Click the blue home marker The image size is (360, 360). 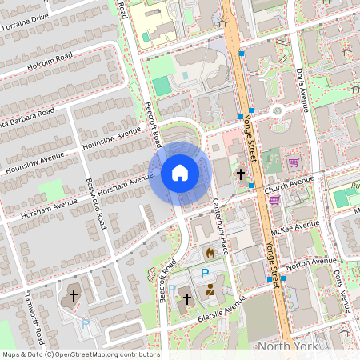point(180,173)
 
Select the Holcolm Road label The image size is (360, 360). point(49,62)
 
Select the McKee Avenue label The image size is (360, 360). point(294,230)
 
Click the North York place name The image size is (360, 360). point(287,346)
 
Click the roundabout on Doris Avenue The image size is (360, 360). point(278,110)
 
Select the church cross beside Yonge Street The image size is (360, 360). point(239,174)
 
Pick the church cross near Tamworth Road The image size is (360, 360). point(74,295)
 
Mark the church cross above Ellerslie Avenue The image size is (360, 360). point(187,299)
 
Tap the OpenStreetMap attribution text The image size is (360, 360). point(80,354)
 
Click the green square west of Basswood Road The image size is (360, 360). point(50,190)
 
